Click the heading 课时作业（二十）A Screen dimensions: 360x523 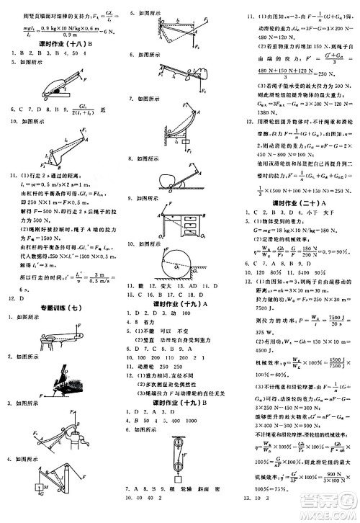tap(295, 202)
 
